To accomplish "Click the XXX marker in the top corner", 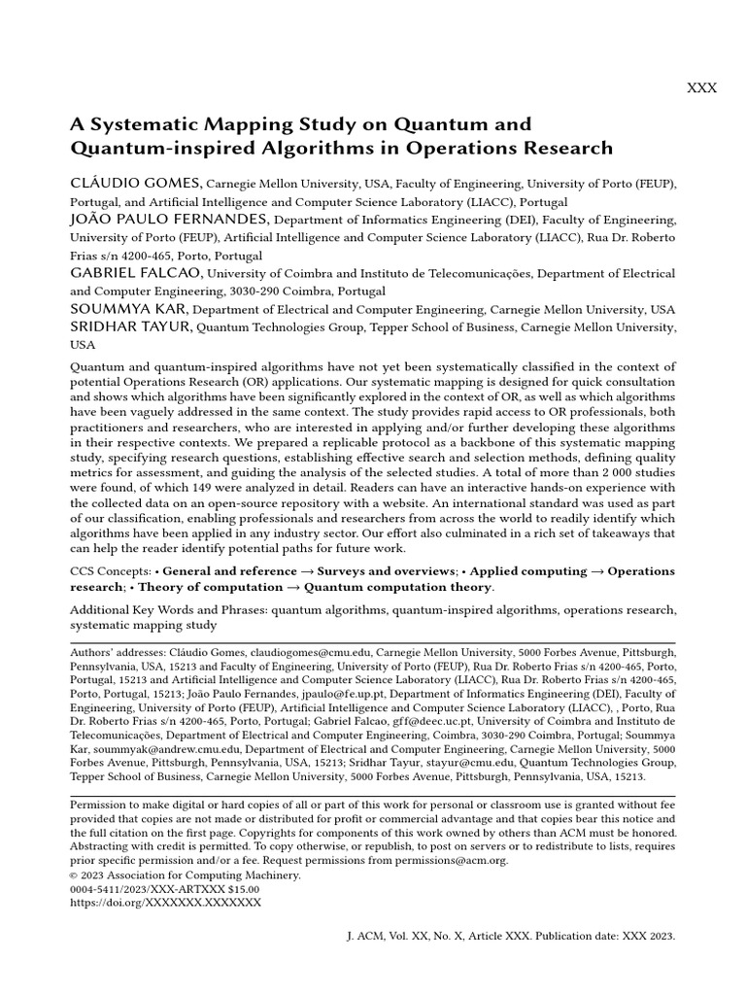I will [x=701, y=88].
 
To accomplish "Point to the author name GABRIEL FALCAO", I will [x=135, y=273].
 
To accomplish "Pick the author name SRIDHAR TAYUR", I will [x=130, y=327].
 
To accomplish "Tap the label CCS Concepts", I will [x=110, y=571].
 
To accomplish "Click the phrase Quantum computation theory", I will [x=398, y=587].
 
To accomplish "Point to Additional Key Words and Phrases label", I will [x=168, y=610].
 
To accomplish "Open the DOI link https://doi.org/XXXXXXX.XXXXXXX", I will [x=165, y=903].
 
